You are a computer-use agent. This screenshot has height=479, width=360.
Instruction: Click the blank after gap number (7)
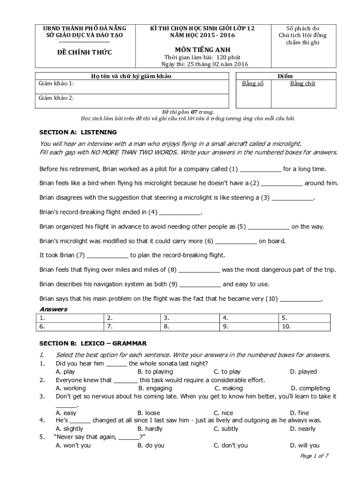tap(108, 255)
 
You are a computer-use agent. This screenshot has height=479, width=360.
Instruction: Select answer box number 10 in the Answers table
tap(308, 327)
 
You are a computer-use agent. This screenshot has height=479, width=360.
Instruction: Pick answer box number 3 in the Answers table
tap(189, 318)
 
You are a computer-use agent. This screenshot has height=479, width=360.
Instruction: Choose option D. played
tap(303, 371)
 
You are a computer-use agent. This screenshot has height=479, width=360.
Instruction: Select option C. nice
tap(223, 413)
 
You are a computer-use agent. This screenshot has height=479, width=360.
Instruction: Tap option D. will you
tap(305, 445)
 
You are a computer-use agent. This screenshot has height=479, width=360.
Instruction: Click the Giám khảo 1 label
tap(56, 84)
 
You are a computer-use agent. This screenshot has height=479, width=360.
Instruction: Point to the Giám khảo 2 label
tap(56, 98)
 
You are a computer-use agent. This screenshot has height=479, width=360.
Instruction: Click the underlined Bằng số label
tap(252, 84)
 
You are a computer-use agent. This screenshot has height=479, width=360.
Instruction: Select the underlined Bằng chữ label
tap(302, 84)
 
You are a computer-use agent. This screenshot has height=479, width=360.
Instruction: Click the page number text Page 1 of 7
tap(314, 456)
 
